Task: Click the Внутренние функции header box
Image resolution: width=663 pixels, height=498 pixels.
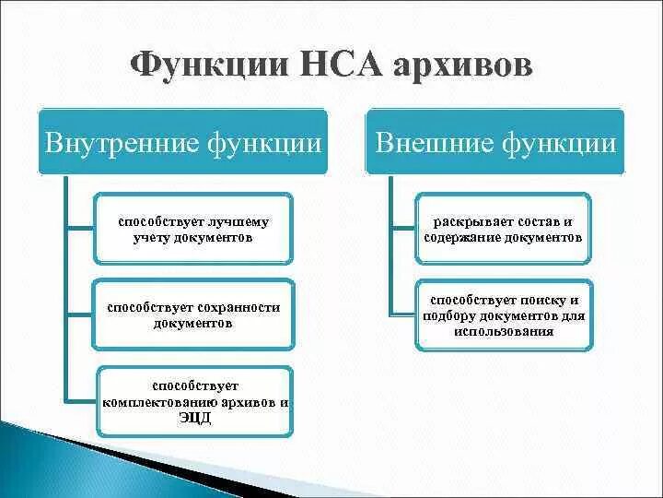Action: tap(183, 142)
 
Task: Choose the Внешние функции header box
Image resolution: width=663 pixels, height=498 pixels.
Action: tap(495, 142)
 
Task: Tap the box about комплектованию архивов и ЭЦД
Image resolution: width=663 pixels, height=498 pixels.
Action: tap(194, 401)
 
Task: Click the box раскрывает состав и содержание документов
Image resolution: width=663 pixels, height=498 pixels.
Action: tap(503, 230)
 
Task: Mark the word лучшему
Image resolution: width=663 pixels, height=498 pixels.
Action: tap(238, 222)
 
